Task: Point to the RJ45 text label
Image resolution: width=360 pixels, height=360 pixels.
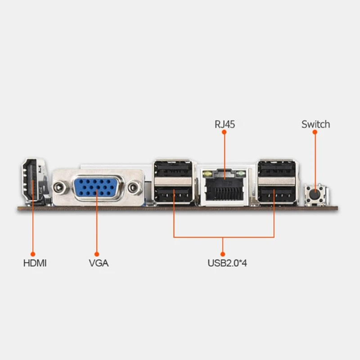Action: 224,124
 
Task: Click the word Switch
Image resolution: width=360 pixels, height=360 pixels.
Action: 315,124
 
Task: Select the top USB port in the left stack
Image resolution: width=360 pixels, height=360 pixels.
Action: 173,170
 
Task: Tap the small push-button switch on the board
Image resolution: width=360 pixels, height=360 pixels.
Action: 316,194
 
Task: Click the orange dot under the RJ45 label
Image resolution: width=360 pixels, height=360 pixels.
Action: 224,132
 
